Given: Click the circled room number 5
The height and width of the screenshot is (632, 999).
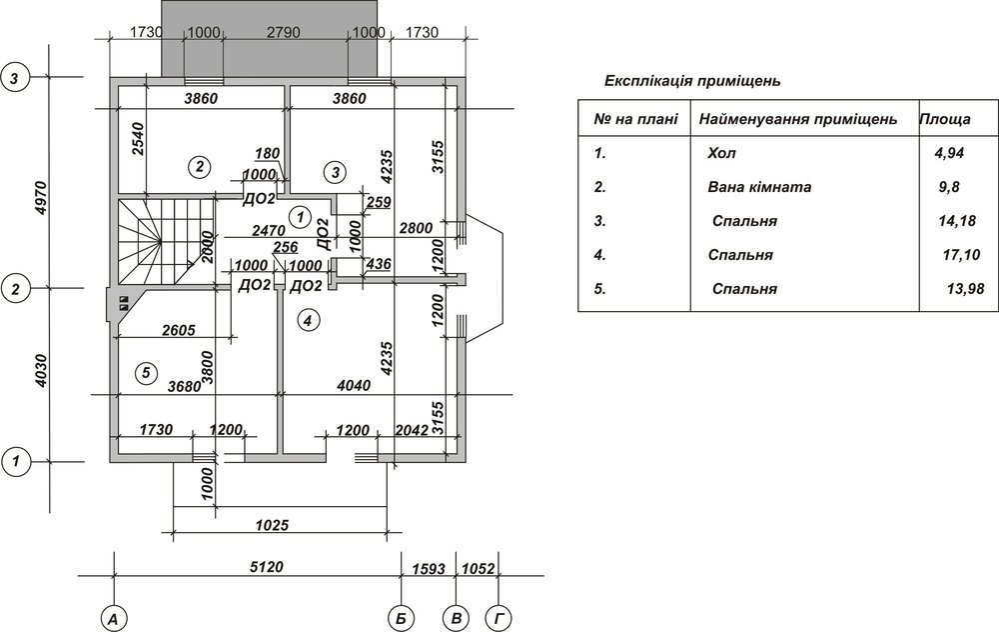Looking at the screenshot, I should coord(146,373).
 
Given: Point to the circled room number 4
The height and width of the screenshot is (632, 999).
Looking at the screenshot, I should coord(308,320).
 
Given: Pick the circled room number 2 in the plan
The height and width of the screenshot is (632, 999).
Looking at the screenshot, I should coord(200,165).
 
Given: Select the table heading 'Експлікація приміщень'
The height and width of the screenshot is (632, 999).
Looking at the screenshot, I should coord(692,80).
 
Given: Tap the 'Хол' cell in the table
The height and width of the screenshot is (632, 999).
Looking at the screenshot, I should coord(719,154).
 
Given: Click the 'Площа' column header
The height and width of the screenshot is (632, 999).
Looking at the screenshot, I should coord(944,120).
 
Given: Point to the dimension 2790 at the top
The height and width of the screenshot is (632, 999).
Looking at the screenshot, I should coord(284,32).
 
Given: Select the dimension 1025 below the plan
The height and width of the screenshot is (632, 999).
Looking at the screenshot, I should coord(272,524).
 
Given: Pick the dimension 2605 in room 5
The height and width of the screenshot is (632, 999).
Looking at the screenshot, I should coord(181,330).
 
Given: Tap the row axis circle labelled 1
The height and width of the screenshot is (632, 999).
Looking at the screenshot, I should coord(16,462).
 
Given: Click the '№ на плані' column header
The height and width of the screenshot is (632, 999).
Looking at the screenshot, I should coord(635,120).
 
